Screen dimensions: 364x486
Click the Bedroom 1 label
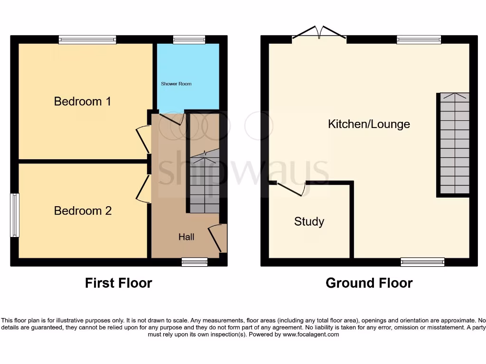tap(83, 101)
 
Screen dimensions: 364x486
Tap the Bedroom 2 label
tap(83, 211)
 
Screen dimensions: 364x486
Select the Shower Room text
tap(176, 84)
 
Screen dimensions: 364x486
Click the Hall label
tap(186, 237)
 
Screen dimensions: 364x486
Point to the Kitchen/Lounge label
tap(369, 124)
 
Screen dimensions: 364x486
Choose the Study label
tap(309, 221)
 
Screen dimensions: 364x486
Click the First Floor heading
tap(118, 283)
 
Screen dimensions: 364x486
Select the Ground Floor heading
tap(369, 283)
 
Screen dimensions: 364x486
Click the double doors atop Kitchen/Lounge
tap(319, 33)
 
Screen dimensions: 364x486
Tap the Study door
tap(291, 189)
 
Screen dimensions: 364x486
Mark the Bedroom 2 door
tap(142, 189)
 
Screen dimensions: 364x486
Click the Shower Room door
tap(171, 118)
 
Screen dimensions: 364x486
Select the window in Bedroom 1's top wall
tap(87, 40)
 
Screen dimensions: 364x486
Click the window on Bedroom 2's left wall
tap(15, 215)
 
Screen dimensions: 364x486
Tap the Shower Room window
tap(189, 40)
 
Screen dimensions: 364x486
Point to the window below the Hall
tap(195, 262)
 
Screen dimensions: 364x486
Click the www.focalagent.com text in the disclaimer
tap(311, 334)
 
